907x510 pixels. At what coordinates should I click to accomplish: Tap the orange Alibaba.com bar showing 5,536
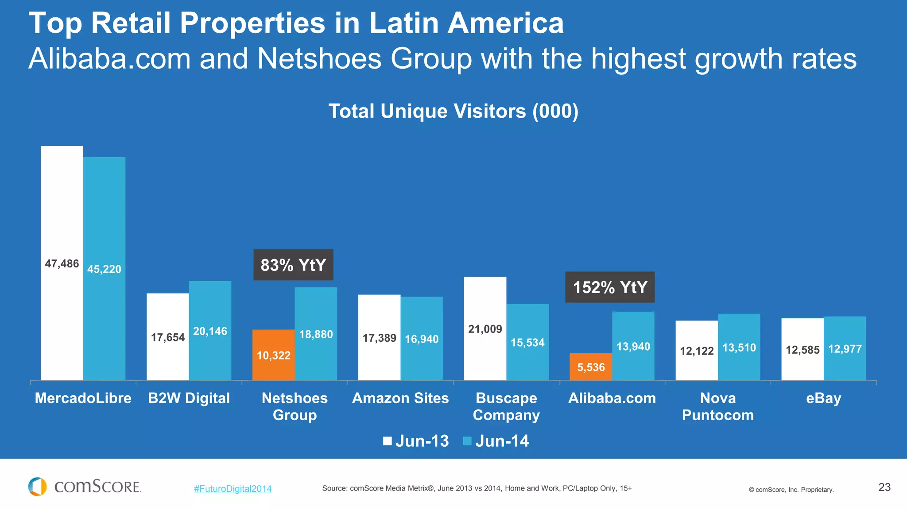(x=590, y=367)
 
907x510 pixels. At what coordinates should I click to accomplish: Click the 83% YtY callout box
(x=293, y=265)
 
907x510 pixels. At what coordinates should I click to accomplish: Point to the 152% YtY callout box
(x=610, y=287)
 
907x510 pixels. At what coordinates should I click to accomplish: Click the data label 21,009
(x=485, y=329)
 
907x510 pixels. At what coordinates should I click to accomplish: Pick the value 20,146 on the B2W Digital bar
(x=210, y=331)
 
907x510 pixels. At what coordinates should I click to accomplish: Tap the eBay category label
(x=823, y=398)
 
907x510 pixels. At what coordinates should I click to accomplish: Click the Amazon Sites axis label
(x=400, y=398)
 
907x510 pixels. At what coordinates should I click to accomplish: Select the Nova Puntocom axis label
(x=717, y=406)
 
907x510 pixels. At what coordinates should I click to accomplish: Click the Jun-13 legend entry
(x=416, y=441)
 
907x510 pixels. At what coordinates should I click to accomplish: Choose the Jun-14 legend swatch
(x=467, y=441)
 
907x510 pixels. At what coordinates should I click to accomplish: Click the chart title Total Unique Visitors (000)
(x=453, y=111)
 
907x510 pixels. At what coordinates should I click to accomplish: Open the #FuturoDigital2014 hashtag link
(x=233, y=489)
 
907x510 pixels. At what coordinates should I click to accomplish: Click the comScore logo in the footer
(x=85, y=487)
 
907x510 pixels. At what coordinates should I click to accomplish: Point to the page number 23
(x=884, y=487)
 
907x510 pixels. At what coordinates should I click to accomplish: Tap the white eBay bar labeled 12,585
(x=802, y=350)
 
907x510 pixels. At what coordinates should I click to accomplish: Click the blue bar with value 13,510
(x=739, y=348)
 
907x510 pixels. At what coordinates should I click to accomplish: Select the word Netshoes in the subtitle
(x=319, y=59)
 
